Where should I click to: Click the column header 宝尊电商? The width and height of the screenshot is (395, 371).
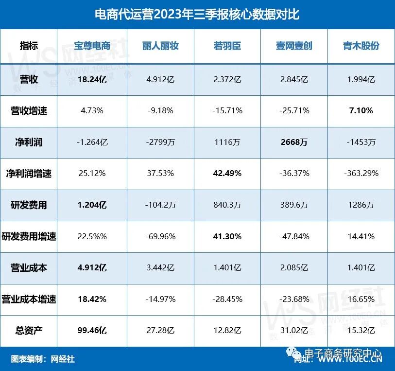pyautogui.click(x=92, y=46)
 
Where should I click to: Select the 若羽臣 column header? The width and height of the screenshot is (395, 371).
pyautogui.click(x=227, y=46)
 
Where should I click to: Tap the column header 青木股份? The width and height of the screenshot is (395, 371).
pyautogui.click(x=361, y=46)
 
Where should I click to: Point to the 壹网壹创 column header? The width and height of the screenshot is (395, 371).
pyautogui.click(x=293, y=46)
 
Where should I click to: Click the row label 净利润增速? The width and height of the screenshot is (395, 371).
pyautogui.click(x=29, y=173)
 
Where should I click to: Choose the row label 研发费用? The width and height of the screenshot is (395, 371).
pyautogui.click(x=29, y=205)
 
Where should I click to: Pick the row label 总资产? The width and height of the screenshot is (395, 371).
pyautogui.click(x=29, y=331)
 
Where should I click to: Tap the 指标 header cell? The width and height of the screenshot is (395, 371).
pyautogui.click(x=29, y=46)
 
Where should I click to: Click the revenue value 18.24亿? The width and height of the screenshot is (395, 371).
pyautogui.click(x=92, y=79)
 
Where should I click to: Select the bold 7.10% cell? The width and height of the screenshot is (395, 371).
pyautogui.click(x=361, y=110)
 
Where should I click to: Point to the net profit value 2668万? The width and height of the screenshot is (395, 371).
pyautogui.click(x=293, y=142)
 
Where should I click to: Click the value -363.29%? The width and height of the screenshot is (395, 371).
pyautogui.click(x=361, y=173)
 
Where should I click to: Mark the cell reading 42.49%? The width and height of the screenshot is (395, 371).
pyautogui.click(x=227, y=173)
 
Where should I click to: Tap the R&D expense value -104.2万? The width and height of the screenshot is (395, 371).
pyautogui.click(x=160, y=205)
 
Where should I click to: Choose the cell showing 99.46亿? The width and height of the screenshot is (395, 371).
pyautogui.click(x=92, y=331)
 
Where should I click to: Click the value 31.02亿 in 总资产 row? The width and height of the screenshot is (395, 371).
pyautogui.click(x=293, y=331)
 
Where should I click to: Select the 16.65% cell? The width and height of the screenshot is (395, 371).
pyautogui.click(x=361, y=299)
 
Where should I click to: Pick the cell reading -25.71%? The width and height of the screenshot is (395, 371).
pyautogui.click(x=293, y=110)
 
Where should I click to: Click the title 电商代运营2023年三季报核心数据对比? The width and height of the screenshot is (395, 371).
pyautogui.click(x=197, y=15)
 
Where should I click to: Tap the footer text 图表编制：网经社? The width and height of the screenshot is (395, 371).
pyautogui.click(x=43, y=359)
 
